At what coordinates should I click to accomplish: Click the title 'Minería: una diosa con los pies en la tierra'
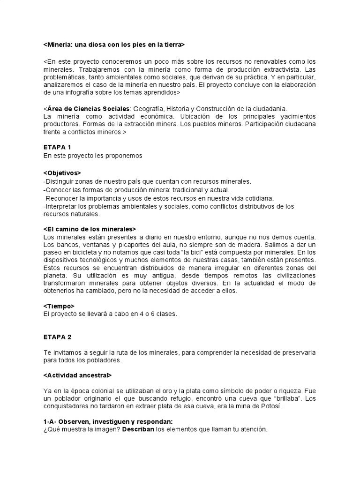click(x=114, y=45)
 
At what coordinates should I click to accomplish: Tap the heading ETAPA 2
click(x=57, y=337)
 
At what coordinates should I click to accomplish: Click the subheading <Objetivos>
click(x=62, y=172)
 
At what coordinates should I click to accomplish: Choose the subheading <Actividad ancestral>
click(x=77, y=375)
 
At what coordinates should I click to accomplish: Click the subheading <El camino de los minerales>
click(x=90, y=229)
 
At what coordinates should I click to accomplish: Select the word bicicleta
click(x=81, y=253)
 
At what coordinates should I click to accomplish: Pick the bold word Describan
click(x=139, y=429)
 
